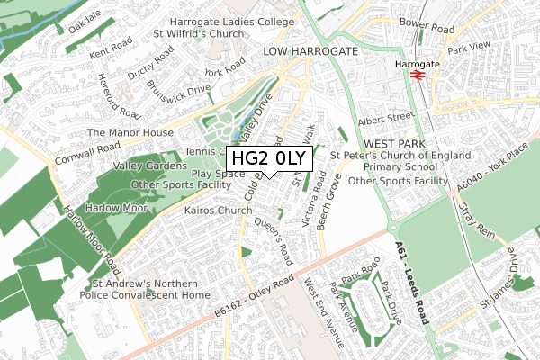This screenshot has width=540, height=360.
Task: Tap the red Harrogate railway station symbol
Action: [x=417, y=75]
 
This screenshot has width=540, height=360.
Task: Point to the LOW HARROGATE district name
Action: [x=310, y=52]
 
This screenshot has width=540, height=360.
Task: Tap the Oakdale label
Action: [x=84, y=15]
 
